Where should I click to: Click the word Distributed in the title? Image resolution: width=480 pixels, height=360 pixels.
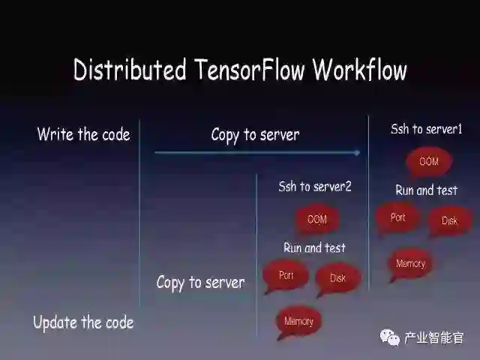(129, 70)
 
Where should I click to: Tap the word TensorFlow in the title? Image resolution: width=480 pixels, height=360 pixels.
(248, 70)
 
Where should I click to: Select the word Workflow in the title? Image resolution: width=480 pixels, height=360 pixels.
(359, 70)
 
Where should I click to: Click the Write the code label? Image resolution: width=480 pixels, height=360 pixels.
(83, 135)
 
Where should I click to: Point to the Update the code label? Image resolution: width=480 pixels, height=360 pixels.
(83, 322)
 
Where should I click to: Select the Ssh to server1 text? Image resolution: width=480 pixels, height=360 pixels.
(426, 129)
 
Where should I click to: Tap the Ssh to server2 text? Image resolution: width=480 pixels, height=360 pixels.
(315, 187)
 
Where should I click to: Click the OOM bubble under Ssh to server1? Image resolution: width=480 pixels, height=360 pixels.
(428, 161)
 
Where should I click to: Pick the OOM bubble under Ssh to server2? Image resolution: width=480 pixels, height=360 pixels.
(317, 219)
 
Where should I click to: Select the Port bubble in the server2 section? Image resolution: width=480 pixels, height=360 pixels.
(286, 276)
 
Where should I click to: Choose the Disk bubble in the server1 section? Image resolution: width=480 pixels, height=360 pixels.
(449, 220)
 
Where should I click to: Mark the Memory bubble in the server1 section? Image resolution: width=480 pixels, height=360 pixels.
(410, 264)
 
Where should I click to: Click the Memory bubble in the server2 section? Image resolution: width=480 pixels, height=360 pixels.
(298, 322)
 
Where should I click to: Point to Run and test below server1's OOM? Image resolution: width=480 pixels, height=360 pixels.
(426, 190)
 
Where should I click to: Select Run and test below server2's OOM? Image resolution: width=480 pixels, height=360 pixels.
(314, 247)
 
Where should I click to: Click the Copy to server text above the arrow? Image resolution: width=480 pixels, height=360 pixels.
(255, 135)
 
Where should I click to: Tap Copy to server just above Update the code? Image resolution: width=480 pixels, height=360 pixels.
(200, 283)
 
